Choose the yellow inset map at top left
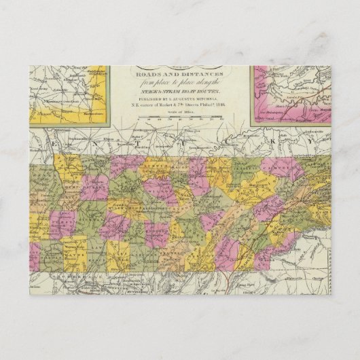71,95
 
